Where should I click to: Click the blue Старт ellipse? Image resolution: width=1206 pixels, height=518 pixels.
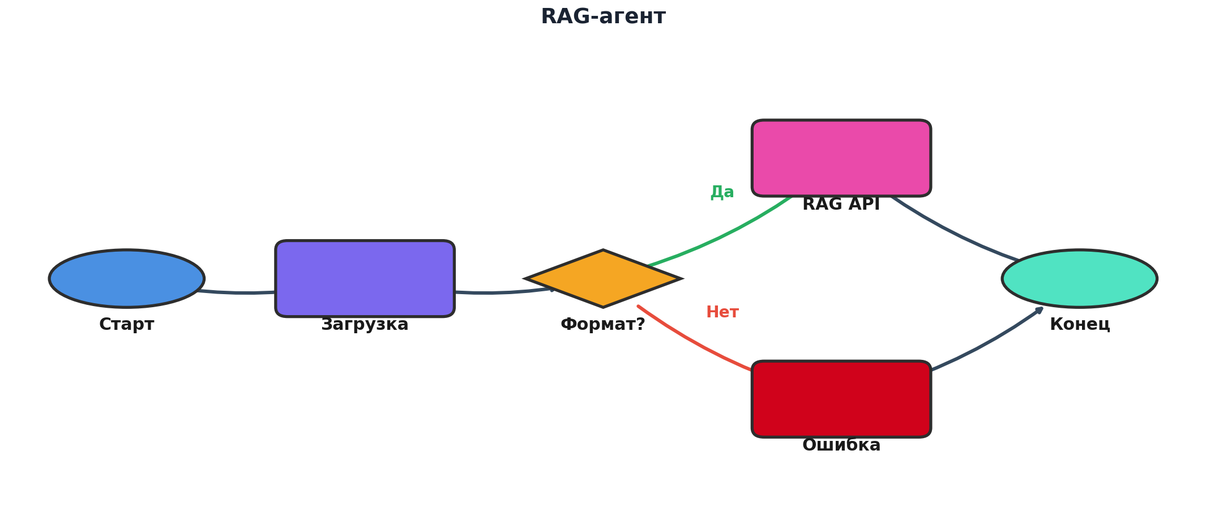[x=127, y=278]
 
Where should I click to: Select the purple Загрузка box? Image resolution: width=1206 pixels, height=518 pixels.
[x=365, y=278]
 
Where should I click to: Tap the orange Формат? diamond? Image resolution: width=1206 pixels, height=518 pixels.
[x=603, y=278]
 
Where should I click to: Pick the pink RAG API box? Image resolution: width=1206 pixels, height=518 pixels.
[x=841, y=158]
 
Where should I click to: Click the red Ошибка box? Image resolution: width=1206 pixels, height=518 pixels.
[x=841, y=399]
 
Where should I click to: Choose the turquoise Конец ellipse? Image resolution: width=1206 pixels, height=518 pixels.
[x=1079, y=278]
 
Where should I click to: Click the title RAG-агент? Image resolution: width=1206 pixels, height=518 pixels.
[x=603, y=17]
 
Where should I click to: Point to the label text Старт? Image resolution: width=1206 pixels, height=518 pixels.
[x=127, y=325]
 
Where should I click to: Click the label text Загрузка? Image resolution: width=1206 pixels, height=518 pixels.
[x=365, y=325]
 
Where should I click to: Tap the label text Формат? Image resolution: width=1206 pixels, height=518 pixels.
[x=603, y=325]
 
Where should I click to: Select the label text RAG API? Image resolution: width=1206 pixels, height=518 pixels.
[x=841, y=205]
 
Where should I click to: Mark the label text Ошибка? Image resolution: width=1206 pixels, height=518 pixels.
[x=841, y=445]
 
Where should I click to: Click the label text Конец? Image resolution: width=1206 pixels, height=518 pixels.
[x=1079, y=325]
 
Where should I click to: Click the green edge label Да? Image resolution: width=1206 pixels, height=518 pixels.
[x=722, y=192]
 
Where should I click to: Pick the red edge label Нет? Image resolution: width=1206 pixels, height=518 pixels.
[x=722, y=312]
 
